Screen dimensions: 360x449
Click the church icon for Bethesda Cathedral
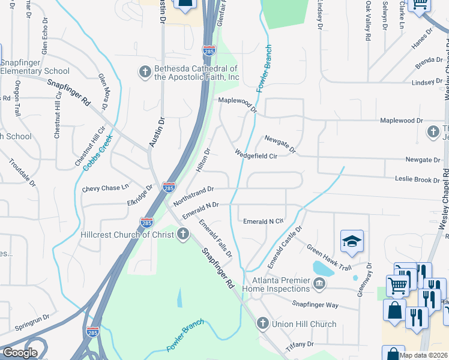145,73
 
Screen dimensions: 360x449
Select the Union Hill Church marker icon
262,324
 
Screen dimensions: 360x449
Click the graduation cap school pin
352,242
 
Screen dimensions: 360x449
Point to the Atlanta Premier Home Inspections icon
319,283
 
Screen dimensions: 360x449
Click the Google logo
20,353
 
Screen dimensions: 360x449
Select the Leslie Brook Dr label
417,179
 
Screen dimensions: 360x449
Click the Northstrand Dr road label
194,196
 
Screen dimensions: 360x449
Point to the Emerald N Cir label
263,221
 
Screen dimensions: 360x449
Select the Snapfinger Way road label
316,305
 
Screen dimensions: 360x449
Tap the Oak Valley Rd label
367,21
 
